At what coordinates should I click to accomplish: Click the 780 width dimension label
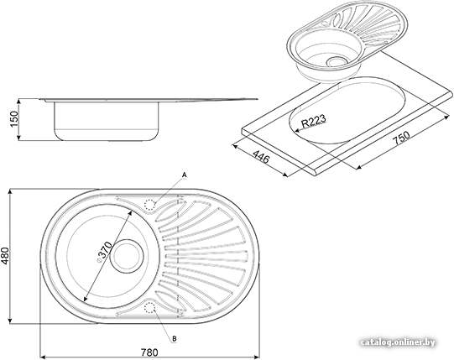149,352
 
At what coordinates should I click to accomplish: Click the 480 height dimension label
5,256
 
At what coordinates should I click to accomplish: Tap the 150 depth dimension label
13,119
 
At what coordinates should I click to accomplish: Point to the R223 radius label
314,121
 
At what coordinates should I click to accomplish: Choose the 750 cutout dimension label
402,138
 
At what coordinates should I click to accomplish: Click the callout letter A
185,175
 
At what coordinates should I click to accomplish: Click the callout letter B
175,338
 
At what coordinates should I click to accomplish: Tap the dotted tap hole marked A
150,205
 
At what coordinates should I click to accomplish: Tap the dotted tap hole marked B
149,308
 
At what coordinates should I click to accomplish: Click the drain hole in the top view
127,256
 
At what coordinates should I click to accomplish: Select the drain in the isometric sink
336,61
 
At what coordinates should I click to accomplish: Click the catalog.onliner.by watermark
399,342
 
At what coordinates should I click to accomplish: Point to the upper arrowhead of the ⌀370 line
130,212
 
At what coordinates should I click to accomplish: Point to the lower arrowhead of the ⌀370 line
86,299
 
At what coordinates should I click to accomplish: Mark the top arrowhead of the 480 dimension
10,191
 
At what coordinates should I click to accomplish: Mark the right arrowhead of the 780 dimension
257,357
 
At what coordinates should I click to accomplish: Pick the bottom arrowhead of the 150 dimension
18,138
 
